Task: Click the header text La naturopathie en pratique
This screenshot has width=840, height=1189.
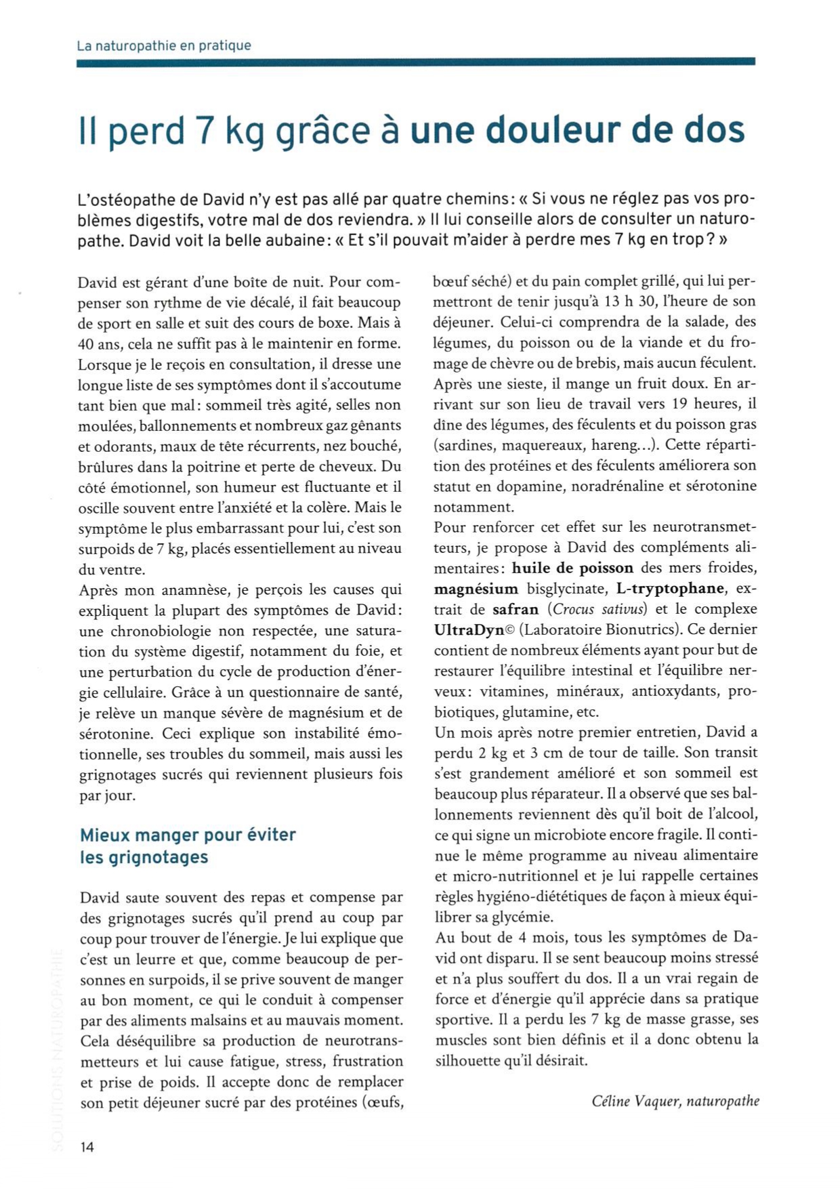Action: tap(164, 46)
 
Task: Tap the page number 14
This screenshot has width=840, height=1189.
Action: tap(87, 1146)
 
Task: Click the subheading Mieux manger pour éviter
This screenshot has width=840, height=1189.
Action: tap(188, 834)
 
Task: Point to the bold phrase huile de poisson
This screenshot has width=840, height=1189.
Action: tap(572, 568)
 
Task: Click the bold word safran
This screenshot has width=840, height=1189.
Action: tap(516, 608)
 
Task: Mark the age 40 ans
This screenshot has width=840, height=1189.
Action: tap(98, 343)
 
